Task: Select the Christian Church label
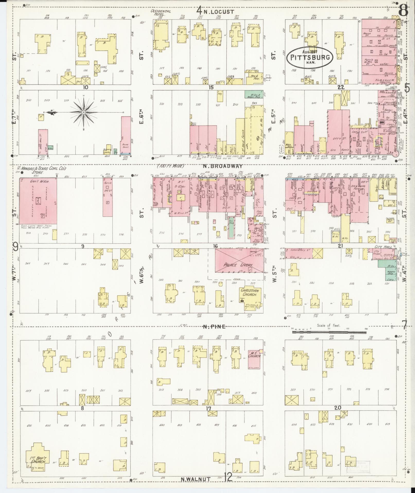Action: [x=250, y=293]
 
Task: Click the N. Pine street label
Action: [x=214, y=327]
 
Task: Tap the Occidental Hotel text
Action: [x=161, y=13]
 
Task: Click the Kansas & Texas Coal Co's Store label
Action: [x=44, y=170]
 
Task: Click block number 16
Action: [x=215, y=246]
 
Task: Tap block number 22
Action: [x=341, y=87]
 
